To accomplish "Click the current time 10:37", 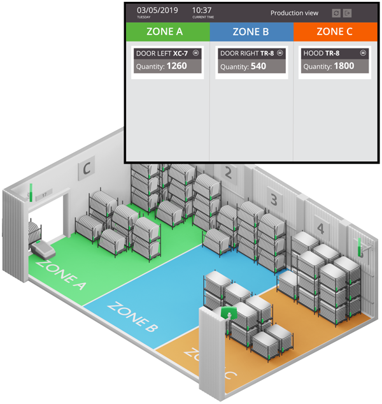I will [202, 10].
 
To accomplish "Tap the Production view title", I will [294, 13].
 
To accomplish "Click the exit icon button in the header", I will [347, 13].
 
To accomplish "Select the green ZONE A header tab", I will [167, 31].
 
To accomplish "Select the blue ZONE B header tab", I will [251, 31].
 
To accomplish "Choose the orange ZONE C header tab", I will [335, 31].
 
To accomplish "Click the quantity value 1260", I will [176, 66].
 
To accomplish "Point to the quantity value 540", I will [258, 66].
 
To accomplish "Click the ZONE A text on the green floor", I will [62, 274].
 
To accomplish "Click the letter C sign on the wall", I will [87, 169].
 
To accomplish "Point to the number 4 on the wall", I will [320, 227].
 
